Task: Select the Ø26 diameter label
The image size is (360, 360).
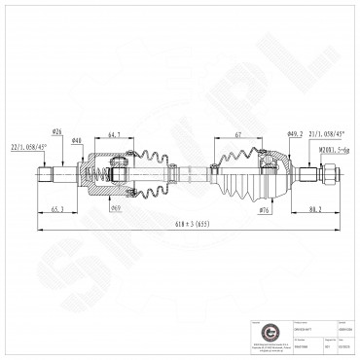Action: click(x=56, y=132)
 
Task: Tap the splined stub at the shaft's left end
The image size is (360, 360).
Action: click(x=46, y=176)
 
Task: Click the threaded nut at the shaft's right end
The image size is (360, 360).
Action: click(x=330, y=176)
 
